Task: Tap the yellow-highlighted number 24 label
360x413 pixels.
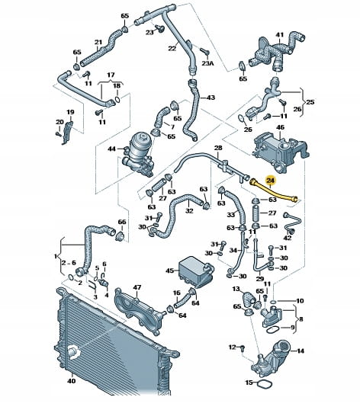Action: pyautogui.click(x=271, y=180)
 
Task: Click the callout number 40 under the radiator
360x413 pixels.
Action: pyautogui.click(x=72, y=381)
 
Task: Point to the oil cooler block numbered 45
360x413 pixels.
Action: pyautogui.click(x=196, y=271)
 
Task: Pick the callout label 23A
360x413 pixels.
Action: pyautogui.click(x=207, y=63)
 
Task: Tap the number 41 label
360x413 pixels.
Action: pyautogui.click(x=280, y=34)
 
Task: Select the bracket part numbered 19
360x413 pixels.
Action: pyautogui.click(x=67, y=133)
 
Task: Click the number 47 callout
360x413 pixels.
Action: pyautogui.click(x=137, y=287)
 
